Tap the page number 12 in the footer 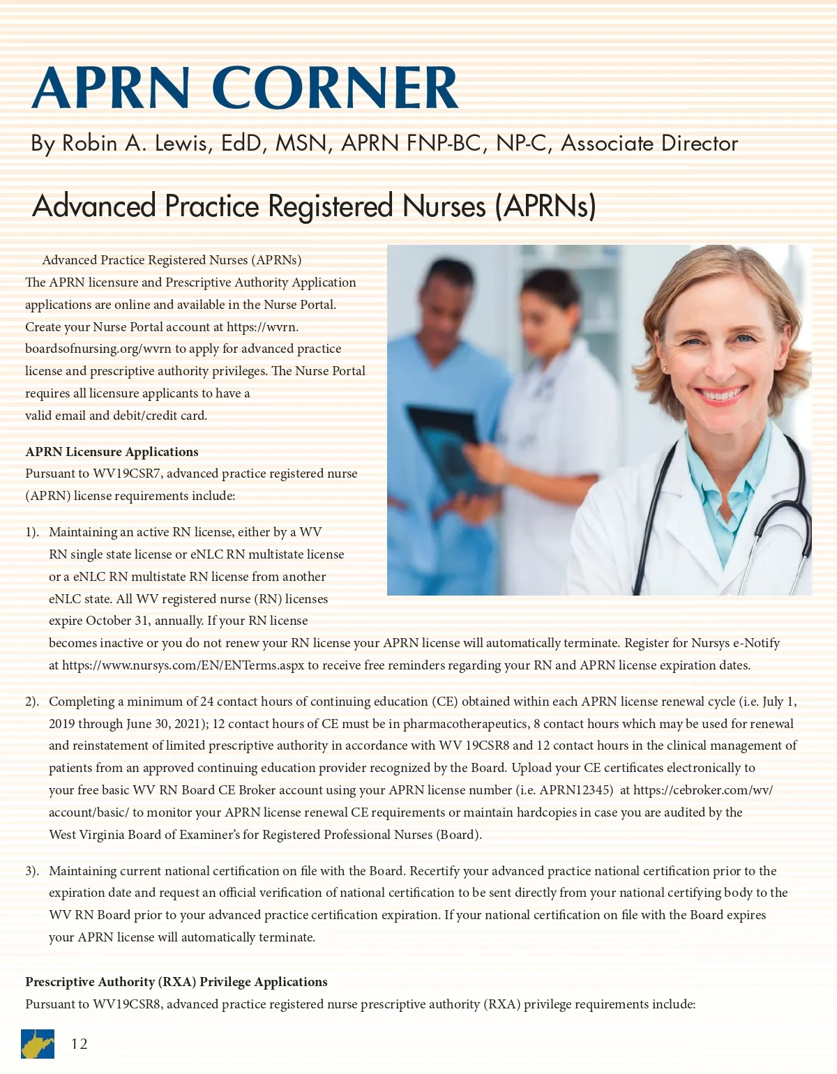80,1044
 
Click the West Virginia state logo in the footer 38,1044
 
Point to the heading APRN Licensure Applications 112,452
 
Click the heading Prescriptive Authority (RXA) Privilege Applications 176,982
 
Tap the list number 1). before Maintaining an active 32,532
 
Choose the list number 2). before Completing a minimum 32,702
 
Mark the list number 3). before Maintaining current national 32,871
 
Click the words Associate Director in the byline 649,144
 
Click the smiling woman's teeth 723,395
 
